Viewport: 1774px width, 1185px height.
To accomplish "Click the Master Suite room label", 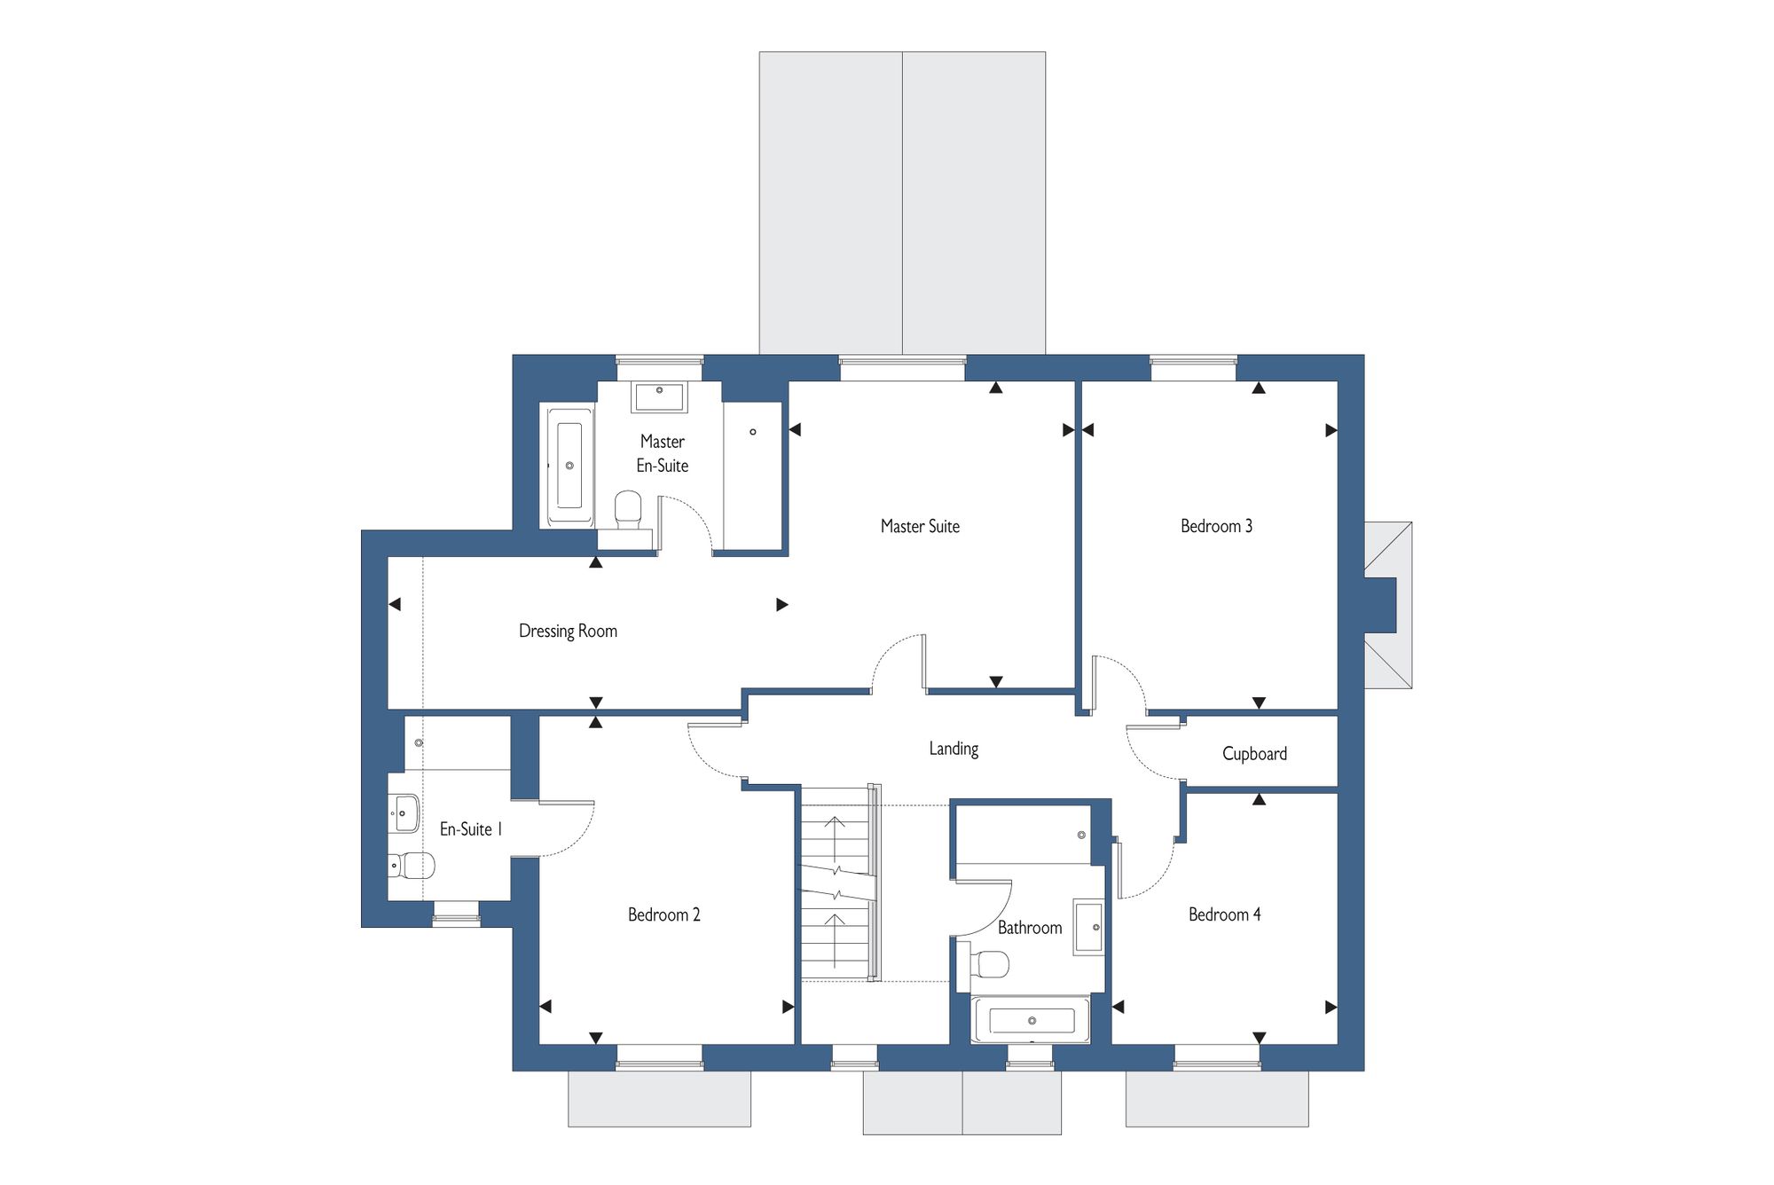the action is click(920, 526).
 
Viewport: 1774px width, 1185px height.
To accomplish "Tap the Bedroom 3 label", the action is click(1216, 526).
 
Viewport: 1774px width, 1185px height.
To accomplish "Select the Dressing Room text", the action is click(568, 632).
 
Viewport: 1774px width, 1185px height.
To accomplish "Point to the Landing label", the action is click(954, 749).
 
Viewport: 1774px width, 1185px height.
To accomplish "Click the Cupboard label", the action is click(1254, 754).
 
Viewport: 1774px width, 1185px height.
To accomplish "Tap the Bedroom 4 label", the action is click(1224, 914).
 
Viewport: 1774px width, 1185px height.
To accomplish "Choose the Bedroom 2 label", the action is click(663, 914).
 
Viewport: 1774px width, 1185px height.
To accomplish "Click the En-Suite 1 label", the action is click(471, 829).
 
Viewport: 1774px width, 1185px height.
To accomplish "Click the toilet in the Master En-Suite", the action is click(628, 509).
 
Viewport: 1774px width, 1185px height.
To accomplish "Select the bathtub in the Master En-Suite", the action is click(569, 467).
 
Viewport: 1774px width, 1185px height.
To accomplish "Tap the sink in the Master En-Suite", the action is click(659, 396).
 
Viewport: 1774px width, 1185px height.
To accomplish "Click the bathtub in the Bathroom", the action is click(1031, 1020).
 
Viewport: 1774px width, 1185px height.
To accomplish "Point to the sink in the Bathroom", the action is click(1088, 927).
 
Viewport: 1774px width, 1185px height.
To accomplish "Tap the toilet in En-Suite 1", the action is click(412, 865).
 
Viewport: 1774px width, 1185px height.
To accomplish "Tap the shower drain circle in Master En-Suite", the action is click(753, 432).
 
